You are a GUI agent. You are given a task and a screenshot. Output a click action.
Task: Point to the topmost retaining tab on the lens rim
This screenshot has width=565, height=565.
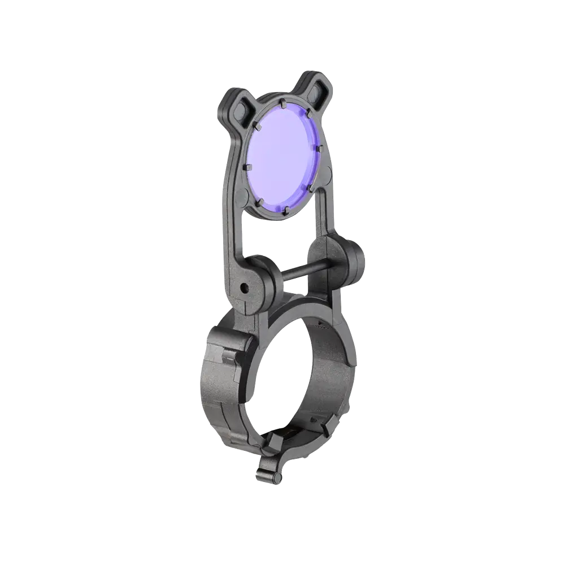click(281, 103)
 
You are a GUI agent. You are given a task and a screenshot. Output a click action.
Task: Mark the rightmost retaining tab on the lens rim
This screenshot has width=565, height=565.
click(319, 148)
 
